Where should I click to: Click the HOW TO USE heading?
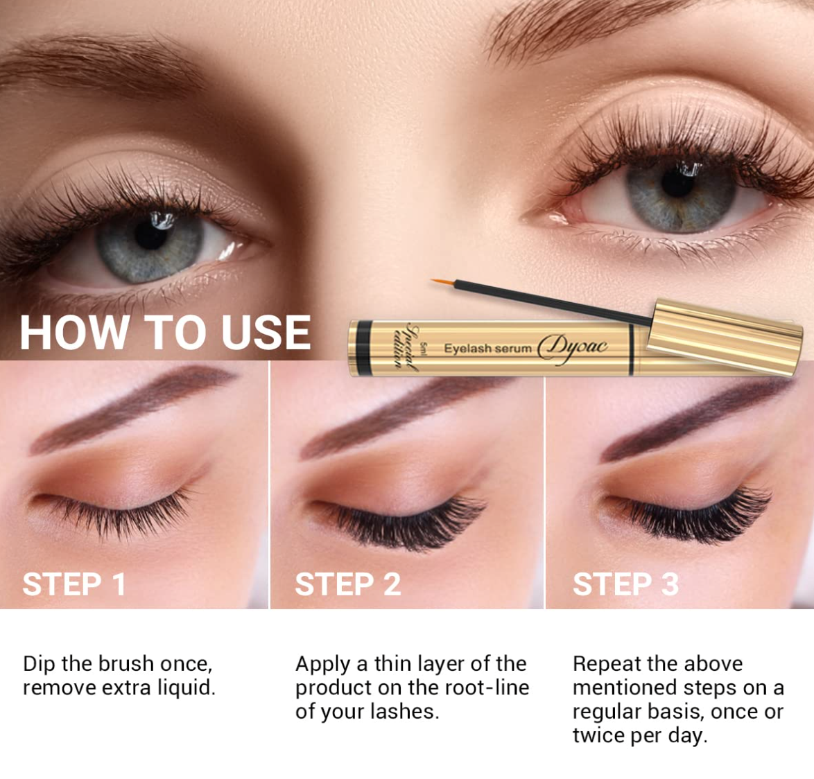tap(165, 333)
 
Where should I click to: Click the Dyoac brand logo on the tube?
tap(573, 348)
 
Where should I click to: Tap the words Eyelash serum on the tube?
tap(487, 348)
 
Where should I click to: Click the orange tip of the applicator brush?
tap(443, 282)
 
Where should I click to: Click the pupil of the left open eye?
tap(150, 234)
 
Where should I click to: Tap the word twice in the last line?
tap(598, 735)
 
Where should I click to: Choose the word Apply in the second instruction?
tap(323, 665)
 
